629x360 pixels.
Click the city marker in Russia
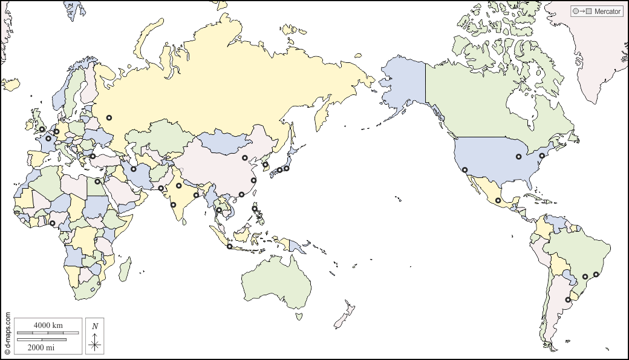(109, 118)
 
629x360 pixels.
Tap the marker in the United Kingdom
(42, 129)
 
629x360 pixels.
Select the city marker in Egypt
(97, 181)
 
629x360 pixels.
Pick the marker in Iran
(134, 169)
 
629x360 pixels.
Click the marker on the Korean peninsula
(265, 164)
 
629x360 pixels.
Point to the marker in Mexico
(498, 200)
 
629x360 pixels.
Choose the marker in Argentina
(568, 299)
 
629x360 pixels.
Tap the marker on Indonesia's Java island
(229, 246)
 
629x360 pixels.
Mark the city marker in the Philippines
(255, 209)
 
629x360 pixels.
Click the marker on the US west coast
(464, 169)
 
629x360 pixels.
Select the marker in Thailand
(219, 210)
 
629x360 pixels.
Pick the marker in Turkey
(93, 156)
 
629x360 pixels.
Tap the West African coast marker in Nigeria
(53, 223)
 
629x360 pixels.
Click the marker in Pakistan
(161, 188)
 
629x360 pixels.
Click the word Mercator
(608, 11)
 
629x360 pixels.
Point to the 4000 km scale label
(48, 326)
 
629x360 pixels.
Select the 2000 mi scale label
(41, 347)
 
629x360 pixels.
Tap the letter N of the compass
(95, 327)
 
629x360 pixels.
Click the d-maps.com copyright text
(7, 333)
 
